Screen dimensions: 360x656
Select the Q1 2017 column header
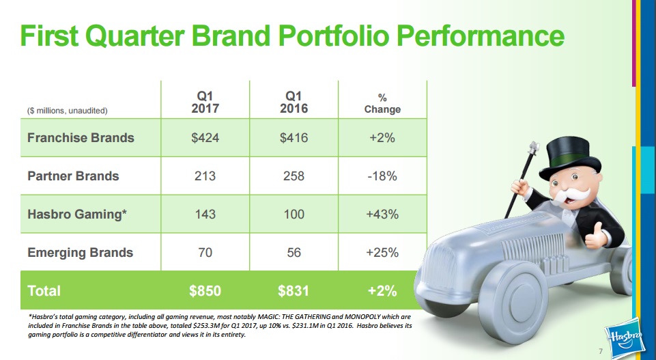(x=205, y=102)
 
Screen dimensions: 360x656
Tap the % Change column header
(x=382, y=103)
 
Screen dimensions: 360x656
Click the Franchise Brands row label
(x=81, y=137)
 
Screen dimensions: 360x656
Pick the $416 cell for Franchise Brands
(x=294, y=137)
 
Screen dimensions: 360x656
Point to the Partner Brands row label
(x=73, y=176)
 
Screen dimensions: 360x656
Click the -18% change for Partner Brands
(x=382, y=176)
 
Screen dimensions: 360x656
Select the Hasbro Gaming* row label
(x=77, y=214)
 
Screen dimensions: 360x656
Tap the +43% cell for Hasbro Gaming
(x=382, y=214)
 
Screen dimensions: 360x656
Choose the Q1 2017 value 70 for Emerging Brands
(x=205, y=252)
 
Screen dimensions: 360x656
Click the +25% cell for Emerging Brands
(x=382, y=252)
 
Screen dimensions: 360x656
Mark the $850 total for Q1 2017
(x=205, y=290)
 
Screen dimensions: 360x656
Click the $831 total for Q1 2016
(x=294, y=290)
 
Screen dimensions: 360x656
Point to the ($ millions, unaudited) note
(x=68, y=110)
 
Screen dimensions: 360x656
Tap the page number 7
(x=600, y=351)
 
